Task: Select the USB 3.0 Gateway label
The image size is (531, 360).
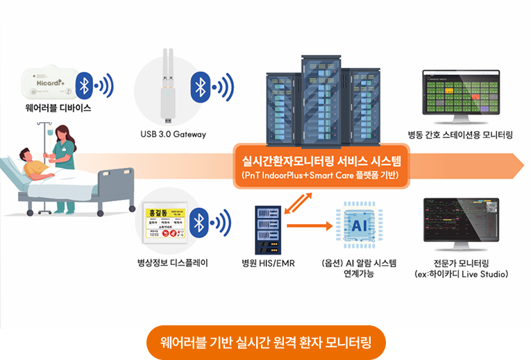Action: [x=172, y=134]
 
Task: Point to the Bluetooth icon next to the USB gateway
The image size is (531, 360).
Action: [x=201, y=87]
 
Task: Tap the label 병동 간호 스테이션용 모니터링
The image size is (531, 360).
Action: [x=460, y=134]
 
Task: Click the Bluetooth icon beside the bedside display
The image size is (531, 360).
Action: [x=201, y=223]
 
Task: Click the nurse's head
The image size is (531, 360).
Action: [x=60, y=131]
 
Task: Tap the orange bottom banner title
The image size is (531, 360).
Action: [x=266, y=342]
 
